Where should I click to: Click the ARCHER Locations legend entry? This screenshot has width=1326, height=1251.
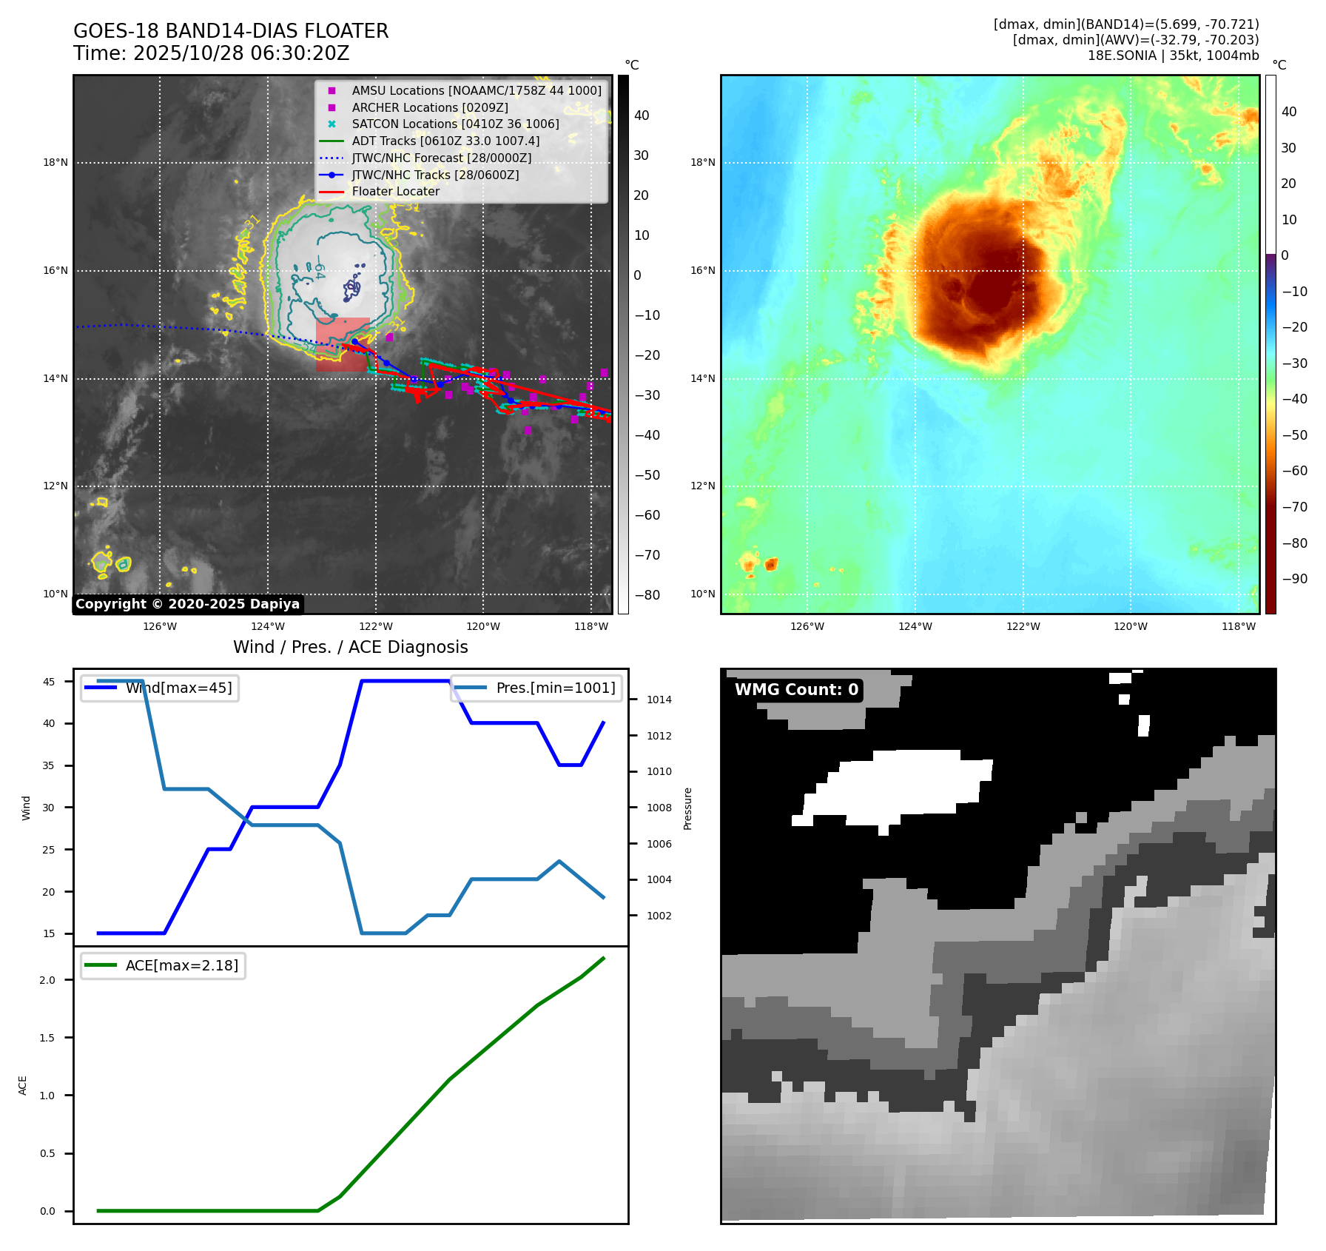429,107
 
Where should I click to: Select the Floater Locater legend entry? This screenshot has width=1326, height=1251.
395,191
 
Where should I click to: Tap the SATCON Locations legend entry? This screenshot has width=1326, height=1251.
455,124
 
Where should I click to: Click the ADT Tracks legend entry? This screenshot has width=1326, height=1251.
445,141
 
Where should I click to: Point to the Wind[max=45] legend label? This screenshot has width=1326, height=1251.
178,688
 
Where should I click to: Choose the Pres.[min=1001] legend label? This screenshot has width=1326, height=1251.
555,688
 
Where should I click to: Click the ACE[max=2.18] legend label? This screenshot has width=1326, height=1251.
181,965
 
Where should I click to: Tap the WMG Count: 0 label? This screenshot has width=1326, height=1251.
796,690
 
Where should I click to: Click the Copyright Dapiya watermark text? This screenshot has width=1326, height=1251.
187,604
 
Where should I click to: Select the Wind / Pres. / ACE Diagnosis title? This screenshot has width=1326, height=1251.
350,647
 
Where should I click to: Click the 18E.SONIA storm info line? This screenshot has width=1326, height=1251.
1173,56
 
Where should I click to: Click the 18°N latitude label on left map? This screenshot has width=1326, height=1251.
55,163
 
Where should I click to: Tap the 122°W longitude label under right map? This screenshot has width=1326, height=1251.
1023,626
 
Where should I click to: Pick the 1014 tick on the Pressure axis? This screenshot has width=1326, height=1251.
659,700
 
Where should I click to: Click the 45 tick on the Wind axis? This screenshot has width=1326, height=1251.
49,682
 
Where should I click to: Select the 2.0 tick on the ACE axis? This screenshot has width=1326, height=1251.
47,980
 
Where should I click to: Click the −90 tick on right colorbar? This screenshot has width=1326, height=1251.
1294,579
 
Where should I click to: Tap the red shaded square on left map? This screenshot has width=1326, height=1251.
343,344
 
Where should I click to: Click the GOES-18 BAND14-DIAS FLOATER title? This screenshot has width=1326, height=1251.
231,31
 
